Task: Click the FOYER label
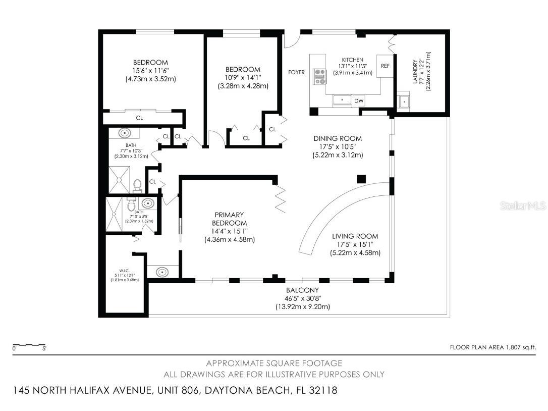(296, 72)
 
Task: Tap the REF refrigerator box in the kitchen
(385, 66)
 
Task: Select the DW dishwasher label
(359, 101)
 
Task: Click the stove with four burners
(319, 76)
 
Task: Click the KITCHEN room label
(353, 60)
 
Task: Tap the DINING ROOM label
(338, 138)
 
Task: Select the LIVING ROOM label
(355, 236)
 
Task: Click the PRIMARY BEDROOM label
(230, 219)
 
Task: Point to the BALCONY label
(303, 290)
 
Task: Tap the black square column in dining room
(361, 179)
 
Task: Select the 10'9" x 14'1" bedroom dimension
(243, 78)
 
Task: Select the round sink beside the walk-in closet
(162, 272)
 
